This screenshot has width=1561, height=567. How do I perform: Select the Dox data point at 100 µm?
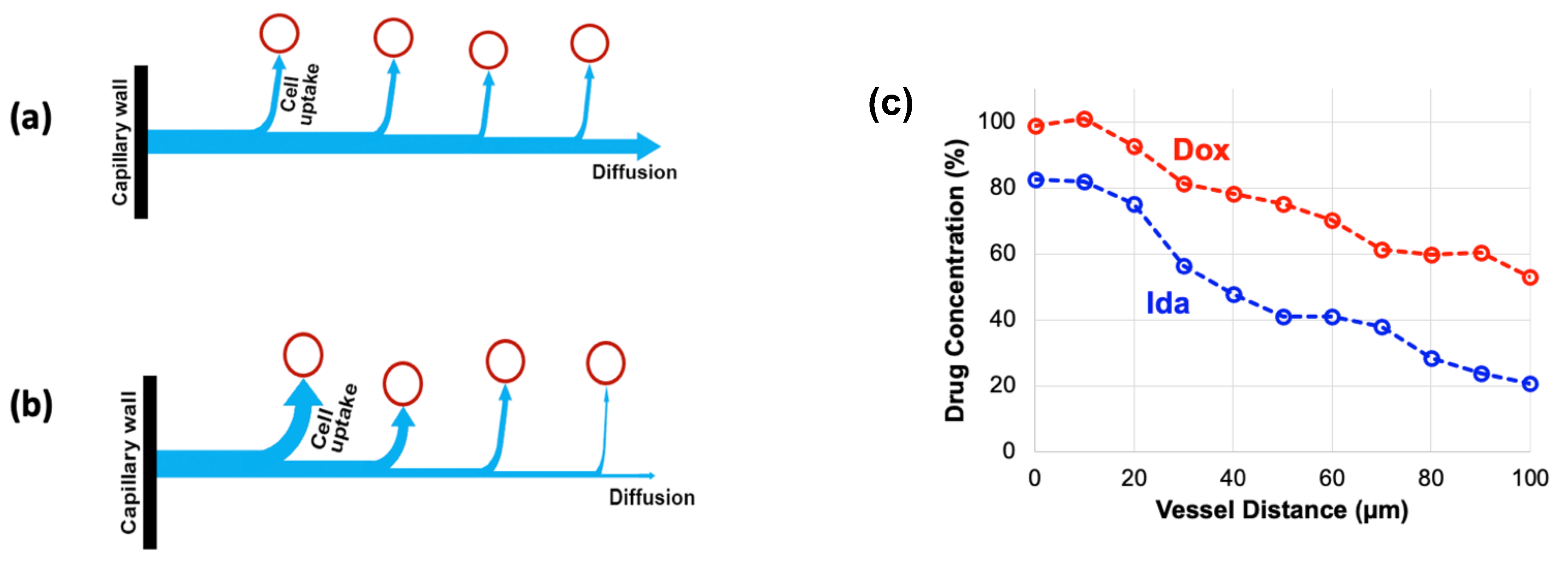click(1530, 277)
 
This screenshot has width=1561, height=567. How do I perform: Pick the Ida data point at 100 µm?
click(1530, 383)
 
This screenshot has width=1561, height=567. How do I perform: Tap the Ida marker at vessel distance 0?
click(1036, 180)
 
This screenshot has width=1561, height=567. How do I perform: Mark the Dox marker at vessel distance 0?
click(1036, 126)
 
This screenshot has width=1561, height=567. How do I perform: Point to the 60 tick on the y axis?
click(1002, 253)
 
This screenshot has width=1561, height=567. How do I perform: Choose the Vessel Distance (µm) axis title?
click(1282, 510)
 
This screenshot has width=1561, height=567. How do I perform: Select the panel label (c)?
click(890, 104)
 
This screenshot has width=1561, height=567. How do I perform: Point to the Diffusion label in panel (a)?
click(634, 173)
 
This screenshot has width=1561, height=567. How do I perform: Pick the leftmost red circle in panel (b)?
click(303, 354)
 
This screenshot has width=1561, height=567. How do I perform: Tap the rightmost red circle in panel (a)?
click(589, 44)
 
